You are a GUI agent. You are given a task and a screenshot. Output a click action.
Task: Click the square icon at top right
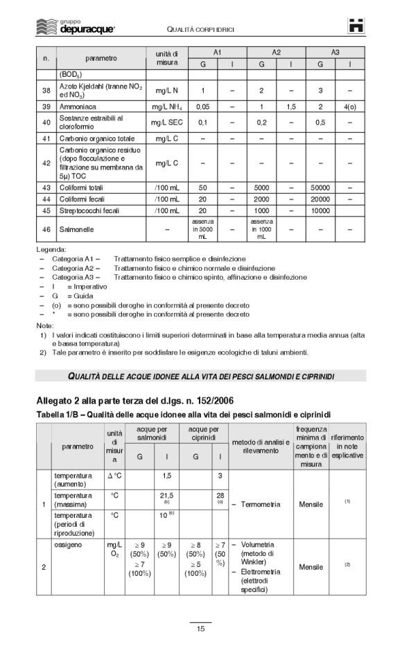tap(356, 26)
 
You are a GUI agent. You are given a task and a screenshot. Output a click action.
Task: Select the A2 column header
tap(276, 53)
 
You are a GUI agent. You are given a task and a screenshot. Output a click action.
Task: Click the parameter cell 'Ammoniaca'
tap(78, 107)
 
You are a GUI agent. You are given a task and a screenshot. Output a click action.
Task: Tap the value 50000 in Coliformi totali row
tap(320, 188)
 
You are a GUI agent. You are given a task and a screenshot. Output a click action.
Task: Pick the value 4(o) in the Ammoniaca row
tap(350, 107)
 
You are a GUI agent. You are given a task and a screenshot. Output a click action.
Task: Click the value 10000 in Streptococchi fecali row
tap(320, 210)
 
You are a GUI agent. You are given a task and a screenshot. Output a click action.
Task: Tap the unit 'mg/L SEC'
tap(167, 123)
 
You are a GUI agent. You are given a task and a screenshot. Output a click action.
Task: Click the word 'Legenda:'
tap(51, 249)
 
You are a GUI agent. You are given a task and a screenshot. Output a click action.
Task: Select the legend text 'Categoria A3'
tap(76, 277)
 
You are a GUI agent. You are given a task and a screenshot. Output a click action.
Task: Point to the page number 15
tap(200, 628)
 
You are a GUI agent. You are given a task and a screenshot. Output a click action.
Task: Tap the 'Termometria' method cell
tap(260, 504)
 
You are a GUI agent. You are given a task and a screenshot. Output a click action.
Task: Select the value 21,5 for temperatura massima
tap(166, 496)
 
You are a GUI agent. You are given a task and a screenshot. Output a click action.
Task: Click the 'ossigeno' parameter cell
tap(69, 545)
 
